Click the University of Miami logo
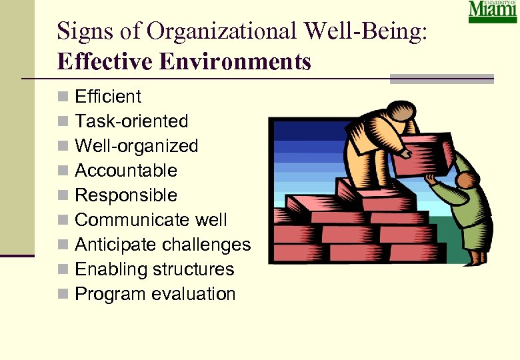pos(493,12)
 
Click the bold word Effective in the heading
pos(101,62)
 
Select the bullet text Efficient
pos(108,97)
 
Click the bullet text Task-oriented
pos(131,121)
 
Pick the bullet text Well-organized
pos(137,146)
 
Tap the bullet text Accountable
pos(126,171)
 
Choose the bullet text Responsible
pos(126,195)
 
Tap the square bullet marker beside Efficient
pos(63,97)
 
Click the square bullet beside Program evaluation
pos(63,295)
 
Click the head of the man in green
pos(467,179)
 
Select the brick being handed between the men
pos(421,153)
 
